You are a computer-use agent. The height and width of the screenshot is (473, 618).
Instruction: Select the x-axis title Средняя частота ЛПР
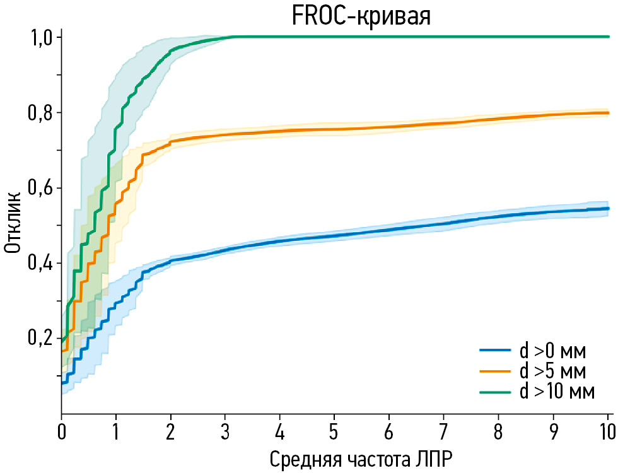pyautogui.click(x=360, y=458)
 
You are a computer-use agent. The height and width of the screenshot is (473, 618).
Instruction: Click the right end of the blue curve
pyautogui.click(x=607, y=208)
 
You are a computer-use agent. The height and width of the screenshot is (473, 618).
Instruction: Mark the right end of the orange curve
pyautogui.click(x=607, y=113)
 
